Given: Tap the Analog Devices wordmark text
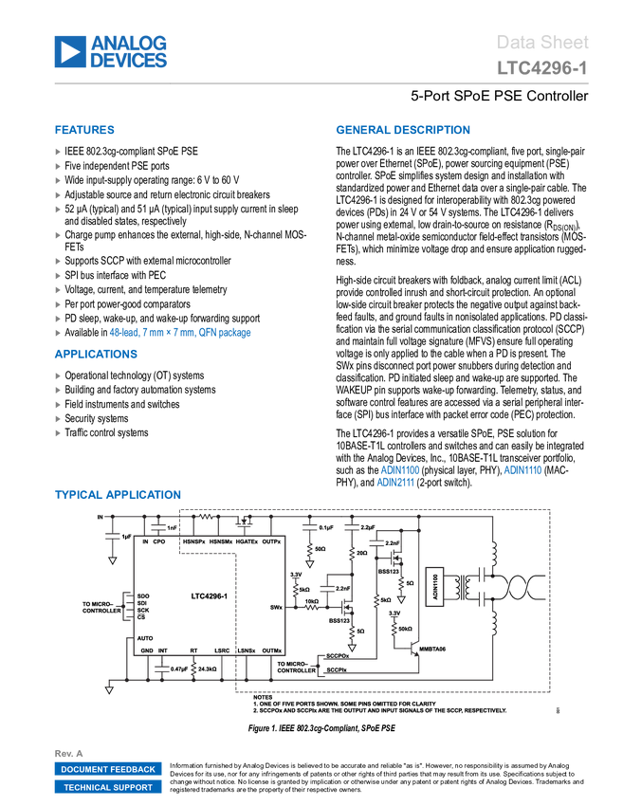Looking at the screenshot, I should click(129, 52).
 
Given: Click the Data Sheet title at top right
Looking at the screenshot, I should click(542, 43).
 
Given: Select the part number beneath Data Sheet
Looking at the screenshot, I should click(542, 68).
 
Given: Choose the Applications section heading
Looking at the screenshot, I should click(96, 355).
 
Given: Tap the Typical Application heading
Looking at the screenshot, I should click(118, 496).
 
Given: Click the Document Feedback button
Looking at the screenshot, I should click(108, 770).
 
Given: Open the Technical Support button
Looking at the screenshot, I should click(108, 787).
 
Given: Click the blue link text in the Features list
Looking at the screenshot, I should click(181, 333).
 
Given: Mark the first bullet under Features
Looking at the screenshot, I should click(58, 151).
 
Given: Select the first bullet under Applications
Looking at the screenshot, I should click(58, 375).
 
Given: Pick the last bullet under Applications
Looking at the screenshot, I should click(58, 433).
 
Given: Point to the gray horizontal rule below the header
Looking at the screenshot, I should click(321, 83).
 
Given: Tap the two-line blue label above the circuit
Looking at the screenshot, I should click(397, 476).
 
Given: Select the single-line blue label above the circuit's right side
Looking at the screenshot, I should click(522, 470).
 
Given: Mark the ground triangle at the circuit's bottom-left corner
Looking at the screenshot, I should click(110, 689).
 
